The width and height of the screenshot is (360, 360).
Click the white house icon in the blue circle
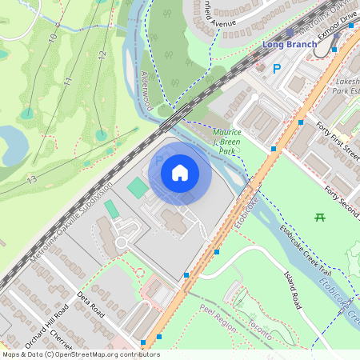pos(180,172)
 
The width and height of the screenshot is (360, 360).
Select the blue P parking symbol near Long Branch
pos(277,70)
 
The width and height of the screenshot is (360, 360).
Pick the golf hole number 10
pos(53,37)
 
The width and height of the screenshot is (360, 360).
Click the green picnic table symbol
pos(320,217)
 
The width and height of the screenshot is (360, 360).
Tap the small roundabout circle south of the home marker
pos(122,242)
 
